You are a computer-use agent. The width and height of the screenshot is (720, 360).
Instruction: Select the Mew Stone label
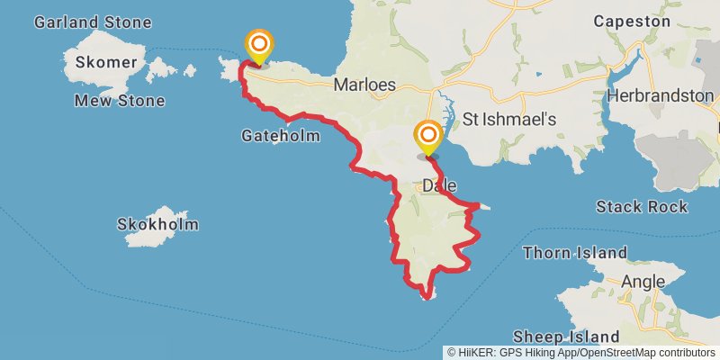point(120,101)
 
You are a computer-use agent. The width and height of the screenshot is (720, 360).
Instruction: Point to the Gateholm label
point(282,136)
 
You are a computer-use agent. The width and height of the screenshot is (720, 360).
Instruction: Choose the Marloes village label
point(364,85)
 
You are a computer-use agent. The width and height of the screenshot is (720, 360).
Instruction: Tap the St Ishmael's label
point(510,119)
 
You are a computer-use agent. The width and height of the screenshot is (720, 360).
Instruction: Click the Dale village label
point(439,185)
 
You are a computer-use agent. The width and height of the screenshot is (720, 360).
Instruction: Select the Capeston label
point(632,20)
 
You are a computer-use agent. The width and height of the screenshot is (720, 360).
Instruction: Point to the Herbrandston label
point(661,94)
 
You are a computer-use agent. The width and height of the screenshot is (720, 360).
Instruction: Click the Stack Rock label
point(642,207)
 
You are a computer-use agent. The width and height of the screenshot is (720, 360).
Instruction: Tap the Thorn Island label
point(573,252)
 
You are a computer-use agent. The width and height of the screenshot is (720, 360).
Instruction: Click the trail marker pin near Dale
point(428,137)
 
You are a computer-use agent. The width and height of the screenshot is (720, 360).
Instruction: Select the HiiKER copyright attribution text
point(581,352)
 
